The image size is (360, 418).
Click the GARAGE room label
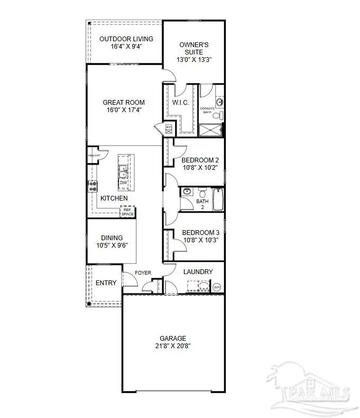173,338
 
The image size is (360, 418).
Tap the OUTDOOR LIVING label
126,39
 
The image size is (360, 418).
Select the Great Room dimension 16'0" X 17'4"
124,110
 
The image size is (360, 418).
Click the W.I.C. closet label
181,103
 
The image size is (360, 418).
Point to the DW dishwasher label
123,183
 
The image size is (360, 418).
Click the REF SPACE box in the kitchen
127,212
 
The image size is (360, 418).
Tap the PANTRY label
94,156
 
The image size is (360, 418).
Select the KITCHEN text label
114,198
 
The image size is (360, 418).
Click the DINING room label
112,238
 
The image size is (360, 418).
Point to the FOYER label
143,273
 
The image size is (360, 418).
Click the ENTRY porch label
106,283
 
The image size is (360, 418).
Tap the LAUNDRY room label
198,272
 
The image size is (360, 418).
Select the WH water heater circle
217,287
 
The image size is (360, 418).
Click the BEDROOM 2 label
200,160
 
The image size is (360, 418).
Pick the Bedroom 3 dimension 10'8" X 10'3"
200,240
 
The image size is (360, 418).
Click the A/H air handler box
169,128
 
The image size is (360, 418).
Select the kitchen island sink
123,172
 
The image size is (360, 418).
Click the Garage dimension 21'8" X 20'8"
173,346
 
